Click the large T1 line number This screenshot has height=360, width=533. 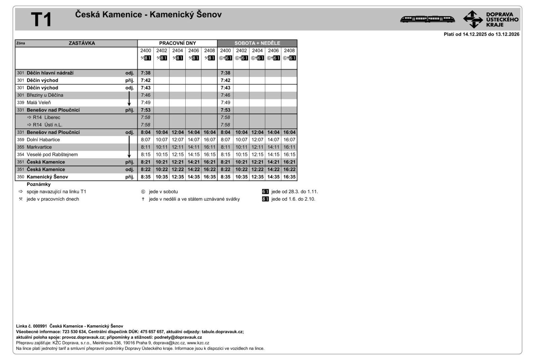[41, 20]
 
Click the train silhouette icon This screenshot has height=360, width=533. [427, 19]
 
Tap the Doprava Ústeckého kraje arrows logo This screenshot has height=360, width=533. [473, 19]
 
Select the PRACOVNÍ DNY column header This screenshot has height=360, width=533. [177, 43]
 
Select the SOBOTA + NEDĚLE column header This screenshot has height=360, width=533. [257, 43]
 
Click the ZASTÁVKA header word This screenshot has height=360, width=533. [82, 43]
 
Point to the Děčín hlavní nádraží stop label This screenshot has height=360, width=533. [50, 73]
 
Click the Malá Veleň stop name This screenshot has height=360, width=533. [39, 103]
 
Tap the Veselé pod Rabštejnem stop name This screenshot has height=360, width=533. [52, 155]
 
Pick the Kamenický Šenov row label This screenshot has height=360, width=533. [47, 177]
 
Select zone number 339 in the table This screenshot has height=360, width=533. [21, 103]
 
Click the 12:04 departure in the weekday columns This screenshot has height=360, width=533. [177, 132]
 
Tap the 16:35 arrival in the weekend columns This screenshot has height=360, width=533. [289, 177]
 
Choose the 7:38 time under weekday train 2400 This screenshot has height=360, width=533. [146, 73]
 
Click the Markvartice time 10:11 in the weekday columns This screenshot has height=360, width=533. [162, 147]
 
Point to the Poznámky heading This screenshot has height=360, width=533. [39, 184]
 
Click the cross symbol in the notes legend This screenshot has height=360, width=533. [143, 199]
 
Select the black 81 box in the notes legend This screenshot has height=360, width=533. [265, 199]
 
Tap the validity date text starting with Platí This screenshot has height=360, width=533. [481, 34]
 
